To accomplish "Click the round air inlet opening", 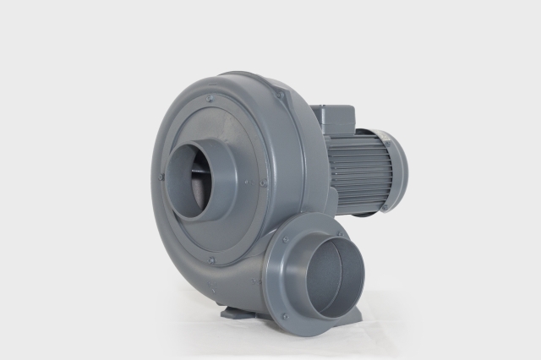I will coord(193,182).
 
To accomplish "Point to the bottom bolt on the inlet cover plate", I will coord(211,259).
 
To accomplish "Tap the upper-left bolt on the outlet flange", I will coord(287,240).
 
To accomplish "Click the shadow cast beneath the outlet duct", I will coord(338,325).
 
